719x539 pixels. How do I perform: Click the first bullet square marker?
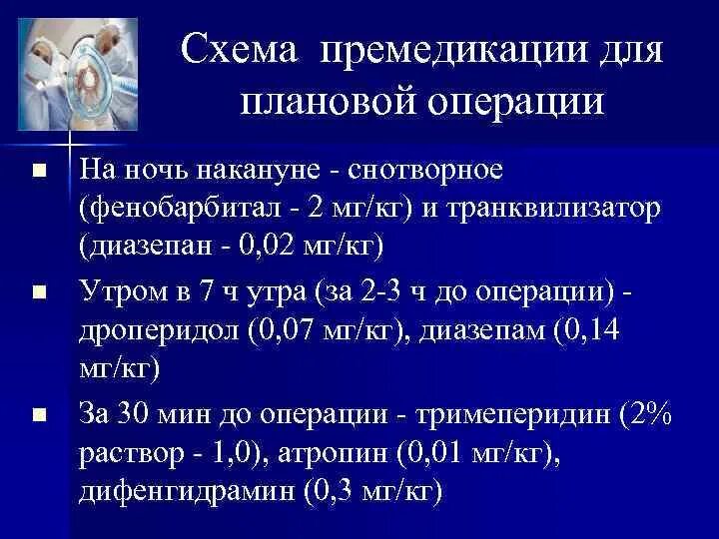click(39, 172)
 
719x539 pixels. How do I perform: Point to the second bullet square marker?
click(39, 293)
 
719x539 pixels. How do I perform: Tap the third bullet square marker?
click(39, 414)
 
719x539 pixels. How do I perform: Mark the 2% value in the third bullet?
click(650, 413)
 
